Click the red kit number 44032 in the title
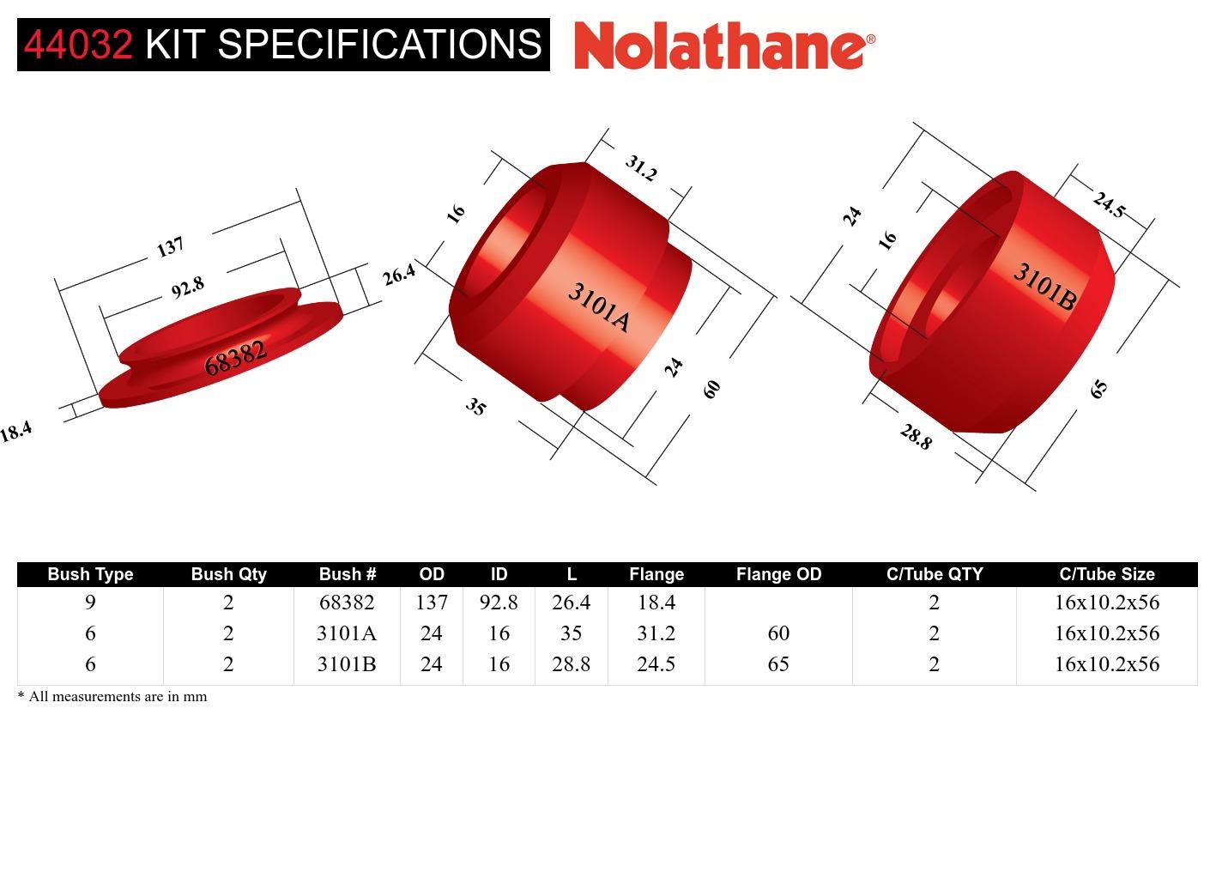78,45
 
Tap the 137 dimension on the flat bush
171,246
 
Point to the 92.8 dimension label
187,288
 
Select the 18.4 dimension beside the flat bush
15,431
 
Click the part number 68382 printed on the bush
235,358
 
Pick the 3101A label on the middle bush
598,307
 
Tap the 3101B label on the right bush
1044,286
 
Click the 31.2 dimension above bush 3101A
640,167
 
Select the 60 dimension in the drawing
711,389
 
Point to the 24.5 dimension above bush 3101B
1108,205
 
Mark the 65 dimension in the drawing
1098,389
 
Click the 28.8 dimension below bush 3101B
916,437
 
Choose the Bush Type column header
90,574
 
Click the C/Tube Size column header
1106,574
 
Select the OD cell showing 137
431,603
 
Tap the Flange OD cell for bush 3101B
777,664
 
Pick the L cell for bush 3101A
571,633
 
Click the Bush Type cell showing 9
90,603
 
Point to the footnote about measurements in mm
112,696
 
